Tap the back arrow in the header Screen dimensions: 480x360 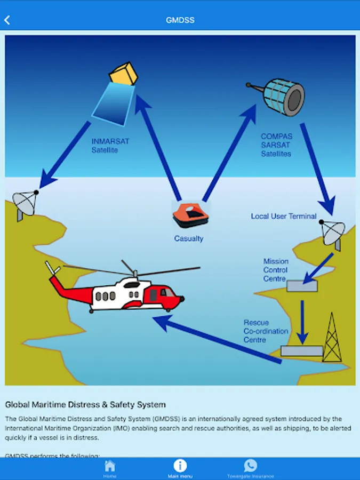(x=7, y=20)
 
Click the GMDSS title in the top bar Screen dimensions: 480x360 (x=180, y=20)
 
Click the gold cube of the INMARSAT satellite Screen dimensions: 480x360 (x=124, y=74)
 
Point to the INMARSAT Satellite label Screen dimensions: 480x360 (x=110, y=146)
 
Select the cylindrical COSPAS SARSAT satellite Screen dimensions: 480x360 (x=284, y=97)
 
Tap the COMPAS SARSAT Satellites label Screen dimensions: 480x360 (x=276, y=145)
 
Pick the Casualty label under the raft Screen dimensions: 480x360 (x=189, y=238)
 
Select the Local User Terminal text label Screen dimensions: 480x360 (x=284, y=216)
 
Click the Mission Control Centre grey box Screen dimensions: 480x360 (x=302, y=285)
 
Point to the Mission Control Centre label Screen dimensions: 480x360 (x=276, y=270)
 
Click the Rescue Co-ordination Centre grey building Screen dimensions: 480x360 (x=301, y=351)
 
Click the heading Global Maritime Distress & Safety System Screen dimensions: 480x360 (x=85, y=405)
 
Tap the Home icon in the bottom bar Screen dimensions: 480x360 (x=110, y=467)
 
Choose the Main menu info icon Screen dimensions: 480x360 (x=180, y=466)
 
